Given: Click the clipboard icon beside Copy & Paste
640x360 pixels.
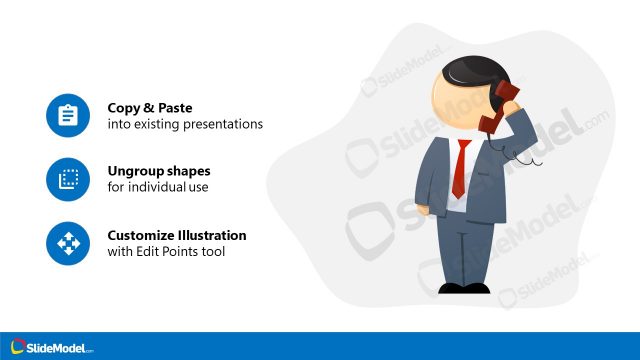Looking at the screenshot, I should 68,115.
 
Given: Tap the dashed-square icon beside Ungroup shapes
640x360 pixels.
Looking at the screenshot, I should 68,179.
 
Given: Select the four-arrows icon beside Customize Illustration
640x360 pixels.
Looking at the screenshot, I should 68,243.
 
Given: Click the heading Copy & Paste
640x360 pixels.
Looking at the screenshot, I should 150,107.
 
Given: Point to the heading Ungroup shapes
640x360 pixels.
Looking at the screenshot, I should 158,171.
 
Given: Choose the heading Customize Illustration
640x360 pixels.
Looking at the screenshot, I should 177,235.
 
